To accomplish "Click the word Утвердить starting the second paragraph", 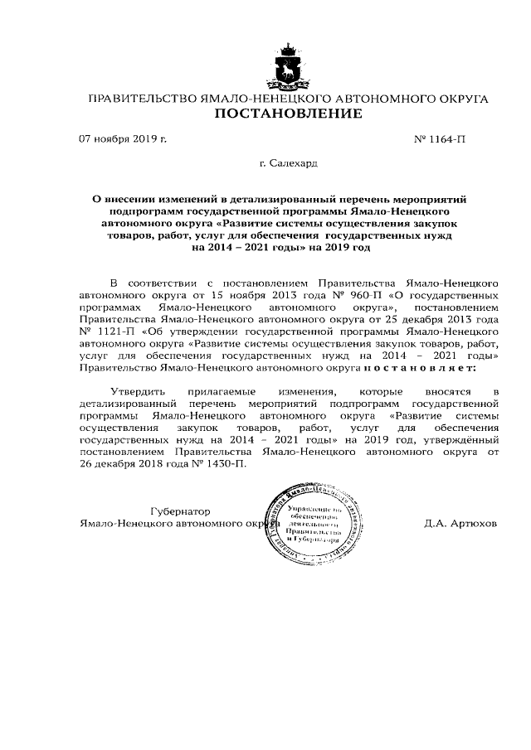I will [138, 390].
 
